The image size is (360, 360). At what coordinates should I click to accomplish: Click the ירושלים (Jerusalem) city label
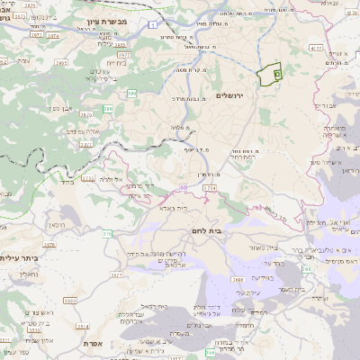[x=229, y=95]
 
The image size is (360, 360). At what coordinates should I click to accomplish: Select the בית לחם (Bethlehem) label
[x=238, y=230]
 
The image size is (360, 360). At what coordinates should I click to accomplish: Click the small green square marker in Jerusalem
[x=277, y=74]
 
